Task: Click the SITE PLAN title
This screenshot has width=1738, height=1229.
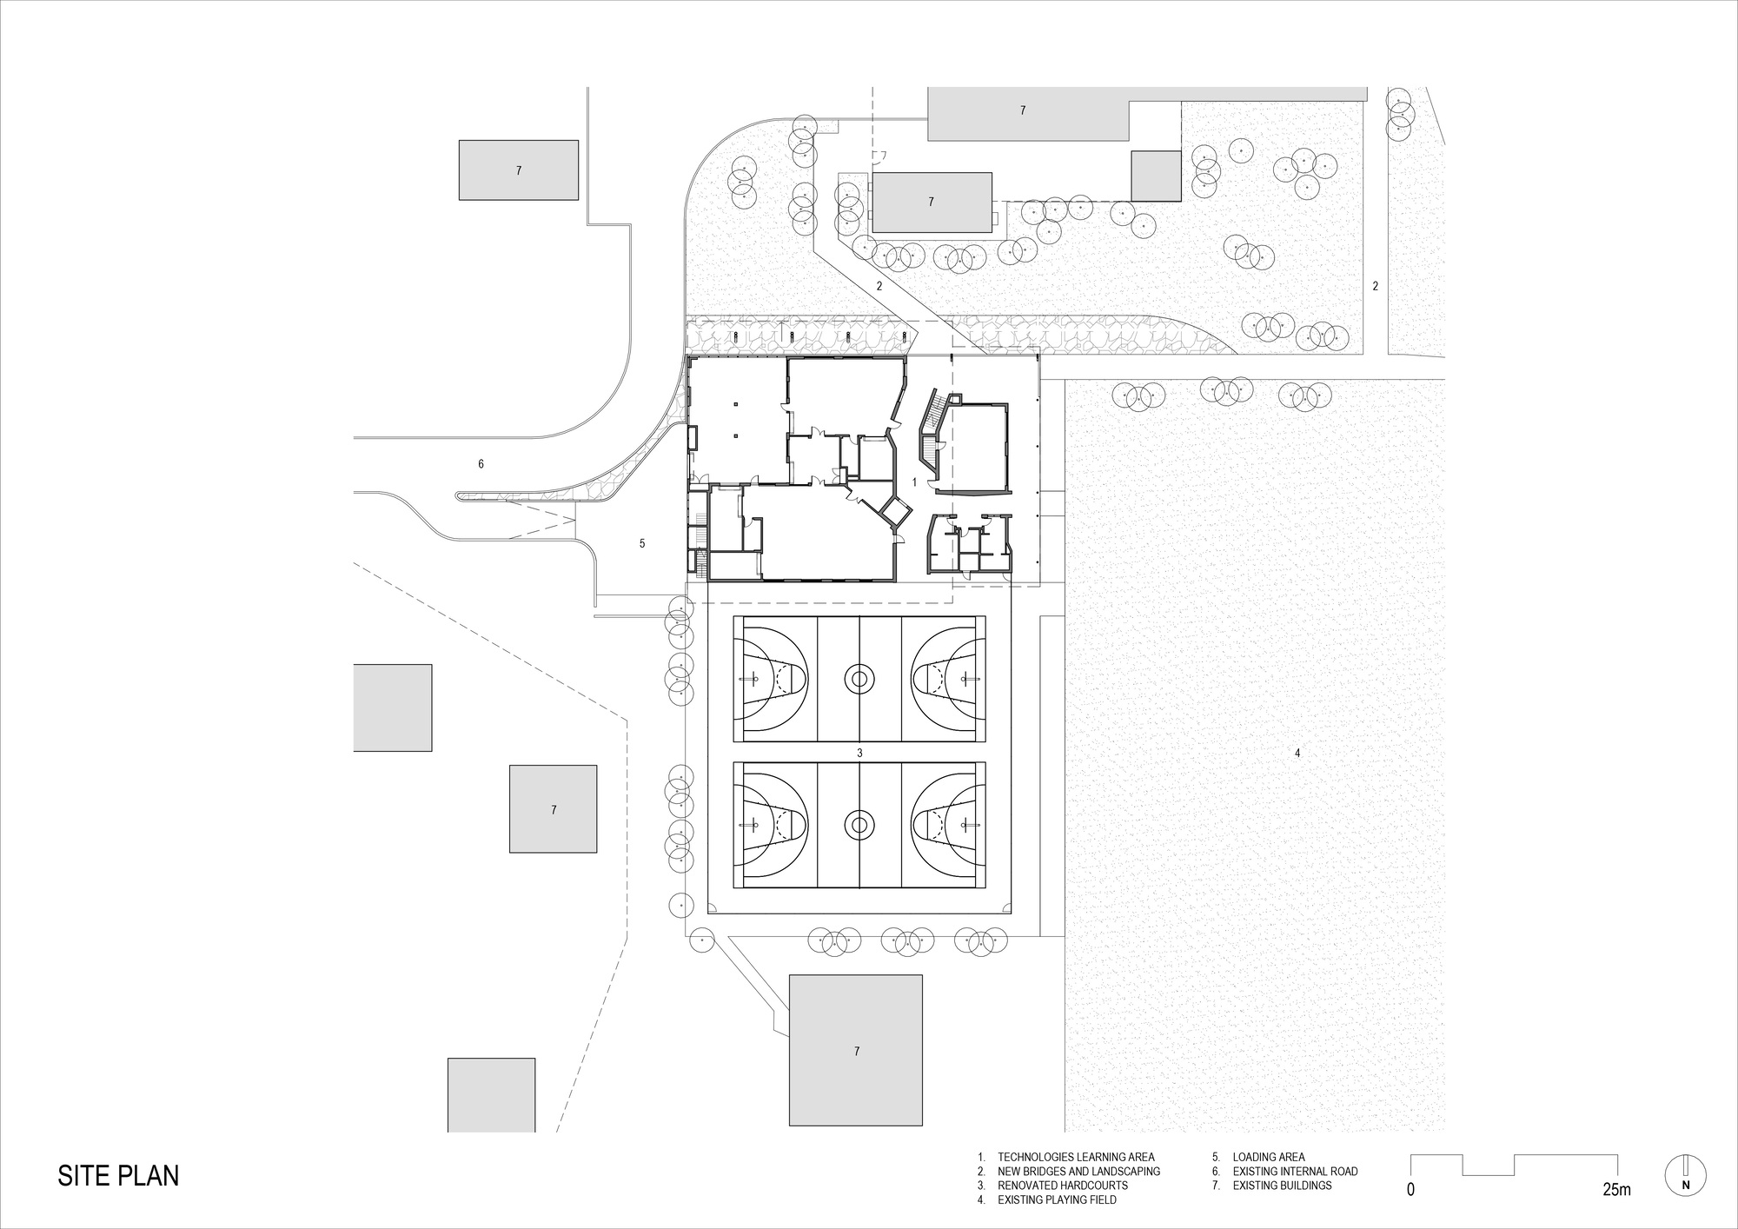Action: click(x=118, y=1175)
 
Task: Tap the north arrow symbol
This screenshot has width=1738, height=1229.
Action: click(x=1685, y=1177)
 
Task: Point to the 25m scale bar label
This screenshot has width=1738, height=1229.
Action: click(x=1616, y=1189)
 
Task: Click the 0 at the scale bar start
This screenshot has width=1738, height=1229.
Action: click(x=1410, y=1189)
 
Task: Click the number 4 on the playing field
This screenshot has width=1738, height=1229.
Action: click(x=1297, y=754)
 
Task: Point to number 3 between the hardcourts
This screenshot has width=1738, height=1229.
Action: click(x=859, y=753)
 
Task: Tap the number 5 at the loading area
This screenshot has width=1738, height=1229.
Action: click(x=642, y=543)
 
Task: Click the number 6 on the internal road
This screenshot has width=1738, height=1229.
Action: click(x=481, y=464)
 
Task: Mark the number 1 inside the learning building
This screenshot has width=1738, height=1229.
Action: click(x=914, y=481)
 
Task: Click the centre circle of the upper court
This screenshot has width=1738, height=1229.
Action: click(x=859, y=679)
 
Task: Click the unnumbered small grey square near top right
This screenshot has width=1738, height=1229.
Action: click(x=1156, y=176)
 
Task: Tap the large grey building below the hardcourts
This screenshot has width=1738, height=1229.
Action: click(x=855, y=1050)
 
